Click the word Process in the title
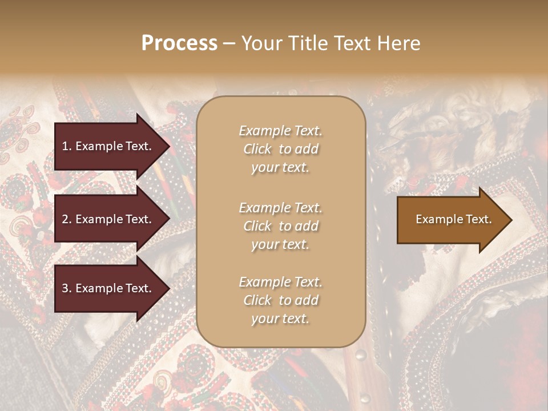[179, 43]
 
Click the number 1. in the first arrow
[67, 146]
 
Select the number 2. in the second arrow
[67, 219]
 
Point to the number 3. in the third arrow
[67, 289]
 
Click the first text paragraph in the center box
[280, 149]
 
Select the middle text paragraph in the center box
[280, 226]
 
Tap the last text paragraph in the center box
[280, 300]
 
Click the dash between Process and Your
[229, 43]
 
